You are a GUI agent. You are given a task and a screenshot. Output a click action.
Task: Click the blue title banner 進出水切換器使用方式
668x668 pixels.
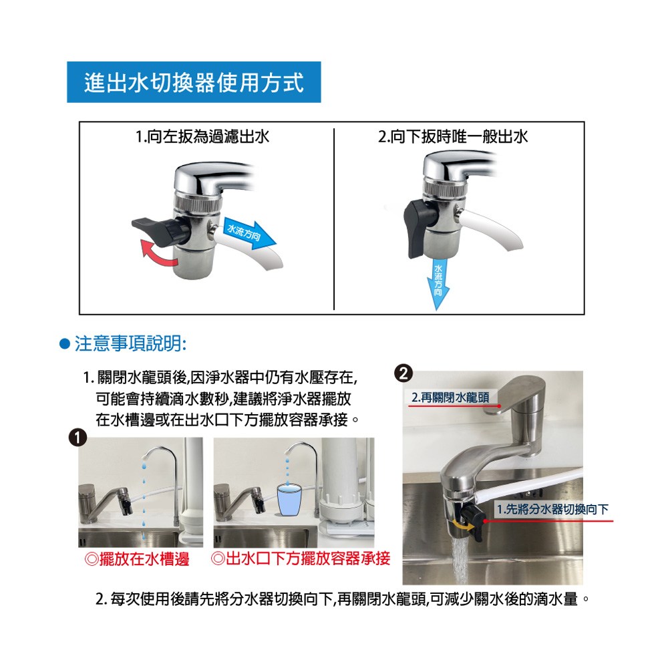coord(194,82)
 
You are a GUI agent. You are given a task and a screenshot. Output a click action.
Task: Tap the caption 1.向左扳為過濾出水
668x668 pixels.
coord(202,137)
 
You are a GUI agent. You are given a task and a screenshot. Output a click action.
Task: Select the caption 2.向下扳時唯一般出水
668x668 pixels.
coord(453,137)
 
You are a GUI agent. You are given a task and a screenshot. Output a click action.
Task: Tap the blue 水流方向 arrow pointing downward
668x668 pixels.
coord(438,283)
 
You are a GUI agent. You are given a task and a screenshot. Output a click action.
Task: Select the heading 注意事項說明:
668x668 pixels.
coord(131,343)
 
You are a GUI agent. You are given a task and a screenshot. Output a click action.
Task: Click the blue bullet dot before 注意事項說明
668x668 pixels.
coord(64,344)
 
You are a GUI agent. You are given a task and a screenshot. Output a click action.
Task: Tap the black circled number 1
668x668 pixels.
coord(77,438)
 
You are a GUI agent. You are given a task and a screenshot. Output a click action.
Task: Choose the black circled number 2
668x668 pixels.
coord(403,373)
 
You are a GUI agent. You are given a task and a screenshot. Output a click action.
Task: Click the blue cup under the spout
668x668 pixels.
coord(289,500)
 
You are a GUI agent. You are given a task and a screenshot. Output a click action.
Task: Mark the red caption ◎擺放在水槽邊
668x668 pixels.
coord(137,559)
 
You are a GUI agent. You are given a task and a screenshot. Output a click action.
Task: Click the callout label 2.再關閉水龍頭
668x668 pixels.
coord(450,397)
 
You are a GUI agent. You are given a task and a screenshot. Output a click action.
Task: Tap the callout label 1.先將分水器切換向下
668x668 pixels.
coord(553,509)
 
